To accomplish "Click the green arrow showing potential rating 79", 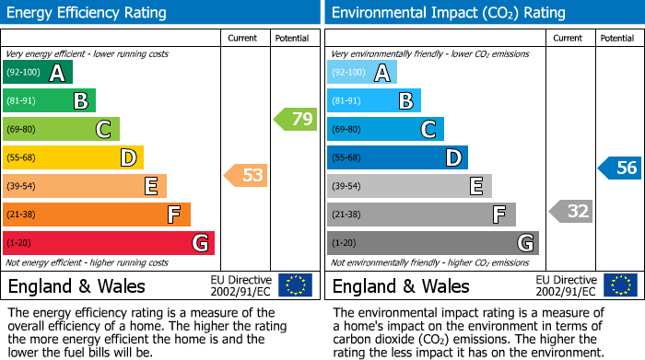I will pyautogui.click(x=296, y=119).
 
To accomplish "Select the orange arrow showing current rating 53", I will pyautogui.click(x=246, y=175).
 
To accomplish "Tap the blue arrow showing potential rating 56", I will pyautogui.click(x=620, y=168).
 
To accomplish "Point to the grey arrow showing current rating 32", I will pyautogui.click(x=570, y=211).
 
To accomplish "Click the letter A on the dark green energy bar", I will pyautogui.click(x=57, y=73).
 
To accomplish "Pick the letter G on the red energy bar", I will pyautogui.click(x=199, y=243).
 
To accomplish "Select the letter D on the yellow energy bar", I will pyautogui.click(x=128, y=158).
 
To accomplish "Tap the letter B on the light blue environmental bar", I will pyautogui.click(x=405, y=101).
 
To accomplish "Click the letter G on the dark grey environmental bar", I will pyautogui.click(x=524, y=243).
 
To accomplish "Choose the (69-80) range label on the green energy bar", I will pyautogui.click(x=22, y=130).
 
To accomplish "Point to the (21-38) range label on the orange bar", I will pyautogui.click(x=22, y=215).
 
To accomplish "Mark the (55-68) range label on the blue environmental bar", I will pyautogui.click(x=347, y=158).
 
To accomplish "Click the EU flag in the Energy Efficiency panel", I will pyautogui.click(x=295, y=285).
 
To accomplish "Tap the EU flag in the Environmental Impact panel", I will pyautogui.click(x=620, y=285).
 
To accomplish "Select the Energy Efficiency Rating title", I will pyautogui.click(x=87, y=13).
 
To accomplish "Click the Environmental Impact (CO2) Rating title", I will pyautogui.click(x=449, y=13).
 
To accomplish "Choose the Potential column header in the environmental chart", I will pyautogui.click(x=617, y=38).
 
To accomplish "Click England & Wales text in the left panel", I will pyautogui.click(x=76, y=285).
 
